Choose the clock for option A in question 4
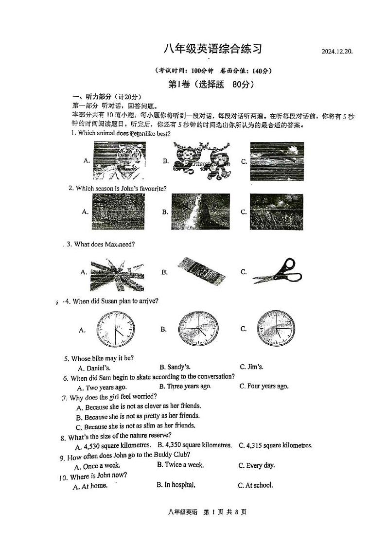click(x=115, y=329)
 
